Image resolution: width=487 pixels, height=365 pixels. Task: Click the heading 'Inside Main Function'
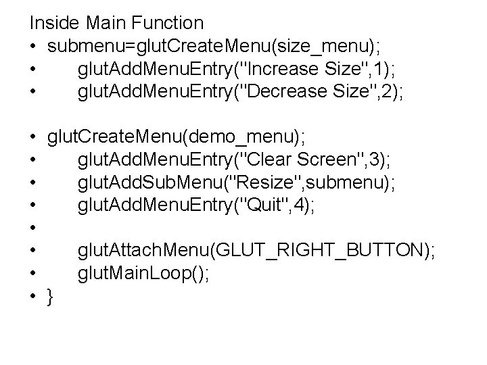coord(116,23)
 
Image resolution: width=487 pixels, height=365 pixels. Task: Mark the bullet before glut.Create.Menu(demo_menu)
coord(33,138)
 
